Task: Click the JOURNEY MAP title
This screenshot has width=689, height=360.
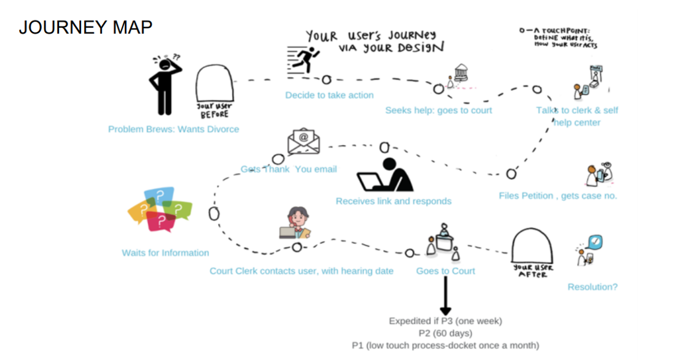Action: pos(86,27)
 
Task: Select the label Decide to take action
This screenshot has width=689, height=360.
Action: pos(329,95)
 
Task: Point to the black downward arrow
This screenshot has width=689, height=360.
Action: pos(445,295)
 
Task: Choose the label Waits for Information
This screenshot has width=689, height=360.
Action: pos(165,253)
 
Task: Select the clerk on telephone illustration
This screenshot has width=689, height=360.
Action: pos(295,222)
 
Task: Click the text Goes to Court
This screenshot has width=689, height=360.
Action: pos(445,271)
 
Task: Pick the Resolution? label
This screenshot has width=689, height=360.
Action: pos(592,287)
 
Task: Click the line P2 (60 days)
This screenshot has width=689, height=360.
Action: pos(445,333)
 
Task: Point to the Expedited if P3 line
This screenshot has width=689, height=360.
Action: pos(445,321)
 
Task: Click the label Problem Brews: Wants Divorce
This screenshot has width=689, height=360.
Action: pos(173,129)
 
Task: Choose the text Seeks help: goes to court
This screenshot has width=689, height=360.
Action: pos(438,111)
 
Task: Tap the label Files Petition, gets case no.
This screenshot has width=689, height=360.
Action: pos(558,196)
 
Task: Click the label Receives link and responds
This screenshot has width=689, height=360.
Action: pos(393,201)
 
